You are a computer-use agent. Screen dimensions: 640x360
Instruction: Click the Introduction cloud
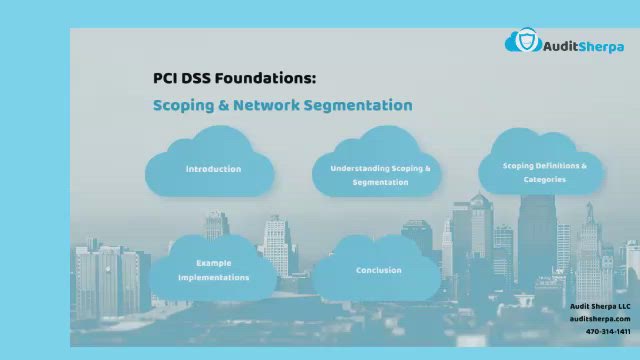212,168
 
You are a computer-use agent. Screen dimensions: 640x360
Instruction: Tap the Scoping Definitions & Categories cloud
544,171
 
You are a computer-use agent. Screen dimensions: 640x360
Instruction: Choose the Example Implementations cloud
213,269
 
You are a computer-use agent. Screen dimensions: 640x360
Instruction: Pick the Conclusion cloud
379,270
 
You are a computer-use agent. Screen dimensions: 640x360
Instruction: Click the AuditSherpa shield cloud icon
522,42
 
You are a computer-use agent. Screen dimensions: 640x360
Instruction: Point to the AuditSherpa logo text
583,45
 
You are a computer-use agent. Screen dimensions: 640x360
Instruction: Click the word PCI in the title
165,77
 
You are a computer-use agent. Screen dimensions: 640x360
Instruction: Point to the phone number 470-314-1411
608,331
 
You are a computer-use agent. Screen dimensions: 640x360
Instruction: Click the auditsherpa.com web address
600,318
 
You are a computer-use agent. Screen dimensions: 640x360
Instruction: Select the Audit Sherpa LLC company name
600,306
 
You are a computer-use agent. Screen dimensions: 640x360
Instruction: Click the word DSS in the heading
200,77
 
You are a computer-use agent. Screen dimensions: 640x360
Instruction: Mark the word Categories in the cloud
544,179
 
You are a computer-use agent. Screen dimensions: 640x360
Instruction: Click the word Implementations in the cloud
213,277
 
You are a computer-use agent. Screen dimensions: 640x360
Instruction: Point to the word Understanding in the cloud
361,168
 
